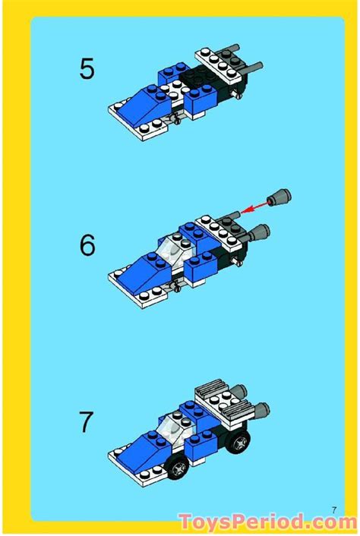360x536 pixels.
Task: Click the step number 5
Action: coord(87,69)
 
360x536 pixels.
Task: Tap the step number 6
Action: coord(87,246)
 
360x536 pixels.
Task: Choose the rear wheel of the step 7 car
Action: coord(239,440)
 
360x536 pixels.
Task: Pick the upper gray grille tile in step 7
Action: coord(220,393)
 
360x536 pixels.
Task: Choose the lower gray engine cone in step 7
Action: coord(258,411)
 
